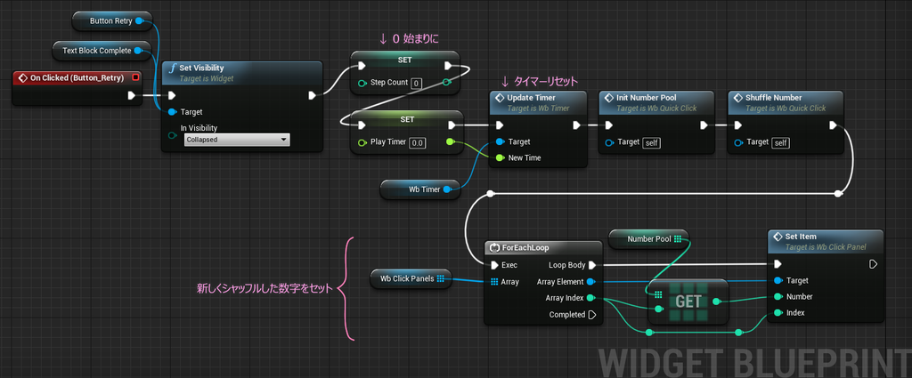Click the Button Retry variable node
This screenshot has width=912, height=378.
coord(111,21)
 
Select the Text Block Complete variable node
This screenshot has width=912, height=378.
coord(102,51)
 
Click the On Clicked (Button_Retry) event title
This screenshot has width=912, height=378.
coord(73,77)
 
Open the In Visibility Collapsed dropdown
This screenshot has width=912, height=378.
coord(237,140)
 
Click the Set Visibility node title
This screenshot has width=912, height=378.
coord(201,68)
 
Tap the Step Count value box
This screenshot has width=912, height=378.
coord(417,83)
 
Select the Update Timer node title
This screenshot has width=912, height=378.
coord(531,98)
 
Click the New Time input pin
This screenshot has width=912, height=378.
coord(500,158)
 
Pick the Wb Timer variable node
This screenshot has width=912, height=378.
coord(420,189)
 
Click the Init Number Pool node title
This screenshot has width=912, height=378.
coord(646,98)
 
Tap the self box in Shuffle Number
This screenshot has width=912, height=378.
coord(780,143)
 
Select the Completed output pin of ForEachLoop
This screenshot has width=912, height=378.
coord(592,315)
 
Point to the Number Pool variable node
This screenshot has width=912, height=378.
coord(648,238)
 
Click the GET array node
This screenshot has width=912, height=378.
coord(688,302)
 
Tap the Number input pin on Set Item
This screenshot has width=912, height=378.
coord(778,297)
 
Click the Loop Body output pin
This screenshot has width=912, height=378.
coord(592,265)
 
